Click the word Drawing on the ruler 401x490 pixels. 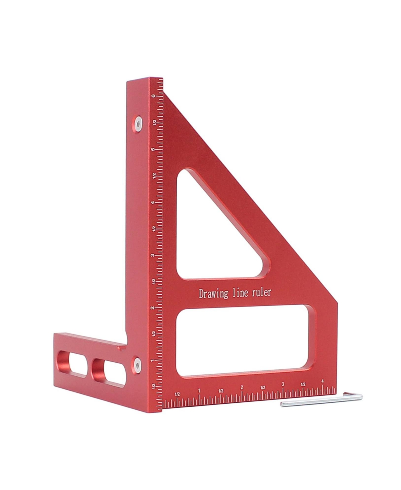point(214,294)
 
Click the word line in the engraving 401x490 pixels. point(240,293)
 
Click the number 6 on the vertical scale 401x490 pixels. point(153,96)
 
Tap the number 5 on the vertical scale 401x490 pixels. point(153,149)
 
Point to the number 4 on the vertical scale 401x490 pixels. point(153,203)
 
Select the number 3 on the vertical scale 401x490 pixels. point(153,255)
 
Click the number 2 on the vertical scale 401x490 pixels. point(153,308)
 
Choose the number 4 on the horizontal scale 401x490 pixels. point(322,381)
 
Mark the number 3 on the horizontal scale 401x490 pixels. point(283,384)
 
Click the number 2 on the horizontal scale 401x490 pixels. point(242,387)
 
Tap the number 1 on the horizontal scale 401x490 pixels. point(199,390)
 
